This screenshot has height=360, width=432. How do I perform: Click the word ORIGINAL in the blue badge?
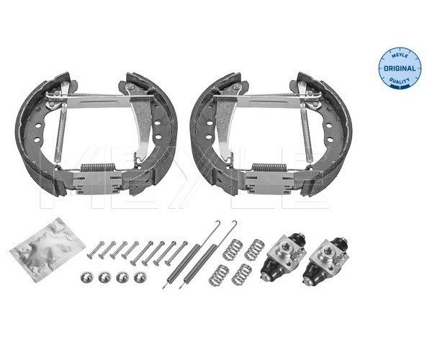[399, 68]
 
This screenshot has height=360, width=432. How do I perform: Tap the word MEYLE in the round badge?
[400, 56]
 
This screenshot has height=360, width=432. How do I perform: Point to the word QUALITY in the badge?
[399, 81]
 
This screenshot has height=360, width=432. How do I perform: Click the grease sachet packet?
[48, 249]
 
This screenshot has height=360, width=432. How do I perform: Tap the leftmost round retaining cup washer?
[86, 276]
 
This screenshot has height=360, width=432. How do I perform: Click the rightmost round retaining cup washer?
[140, 277]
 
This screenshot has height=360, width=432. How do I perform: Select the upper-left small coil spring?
[233, 250]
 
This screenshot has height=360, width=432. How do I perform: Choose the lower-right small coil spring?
[241, 274]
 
